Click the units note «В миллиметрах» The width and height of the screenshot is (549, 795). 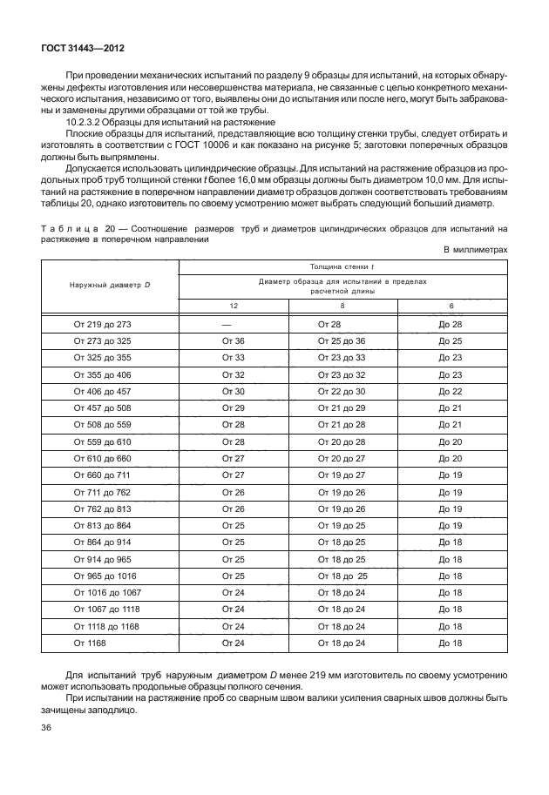[475, 249]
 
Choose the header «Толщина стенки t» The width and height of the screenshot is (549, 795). [342, 266]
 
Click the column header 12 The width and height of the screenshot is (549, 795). [233, 305]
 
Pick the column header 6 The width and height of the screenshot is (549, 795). [451, 305]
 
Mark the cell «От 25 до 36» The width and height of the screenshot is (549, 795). [342, 340]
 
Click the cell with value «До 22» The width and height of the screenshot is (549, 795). [451, 392]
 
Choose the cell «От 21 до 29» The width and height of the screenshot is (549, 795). [342, 408]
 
